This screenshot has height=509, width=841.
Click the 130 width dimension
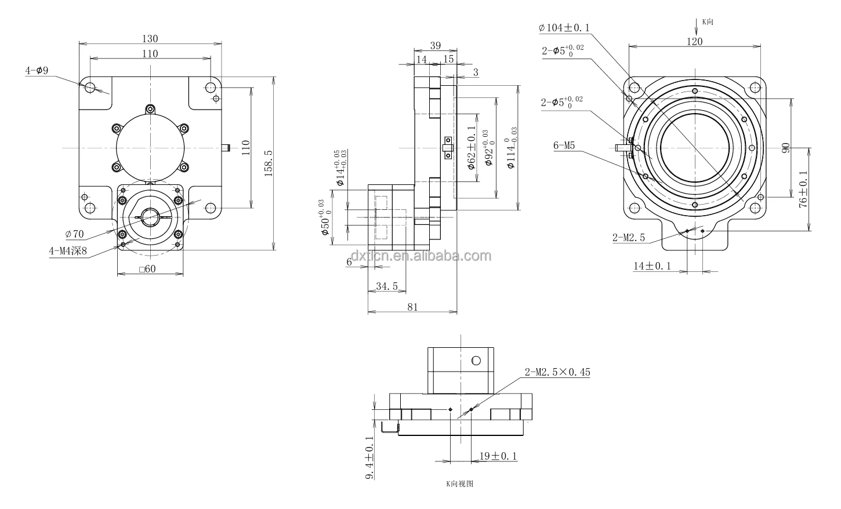[150, 39]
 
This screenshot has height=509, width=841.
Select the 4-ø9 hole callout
[37, 71]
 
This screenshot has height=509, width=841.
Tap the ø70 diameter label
[75, 234]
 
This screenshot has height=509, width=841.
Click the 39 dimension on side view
[436, 46]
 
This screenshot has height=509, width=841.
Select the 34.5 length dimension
[387, 286]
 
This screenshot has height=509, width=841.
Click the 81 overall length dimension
[412, 307]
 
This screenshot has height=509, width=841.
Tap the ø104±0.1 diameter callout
[564, 27]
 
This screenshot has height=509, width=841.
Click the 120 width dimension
[694, 41]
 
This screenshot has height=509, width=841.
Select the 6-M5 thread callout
[564, 146]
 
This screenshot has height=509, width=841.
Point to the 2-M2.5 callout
[628, 238]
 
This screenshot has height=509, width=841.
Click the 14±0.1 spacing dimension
[651, 266]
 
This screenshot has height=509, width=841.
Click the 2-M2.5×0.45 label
[557, 372]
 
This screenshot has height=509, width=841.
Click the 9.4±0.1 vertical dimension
[370, 458]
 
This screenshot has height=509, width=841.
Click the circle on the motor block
[476, 360]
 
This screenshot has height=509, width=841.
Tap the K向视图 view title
[459, 483]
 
